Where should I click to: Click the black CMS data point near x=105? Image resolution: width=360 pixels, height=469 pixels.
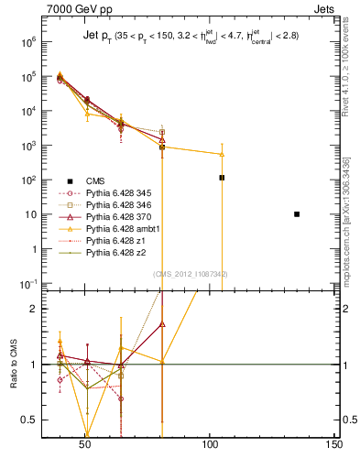pos(222,178)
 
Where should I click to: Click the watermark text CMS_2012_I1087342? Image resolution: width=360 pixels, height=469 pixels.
pos(190,274)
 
